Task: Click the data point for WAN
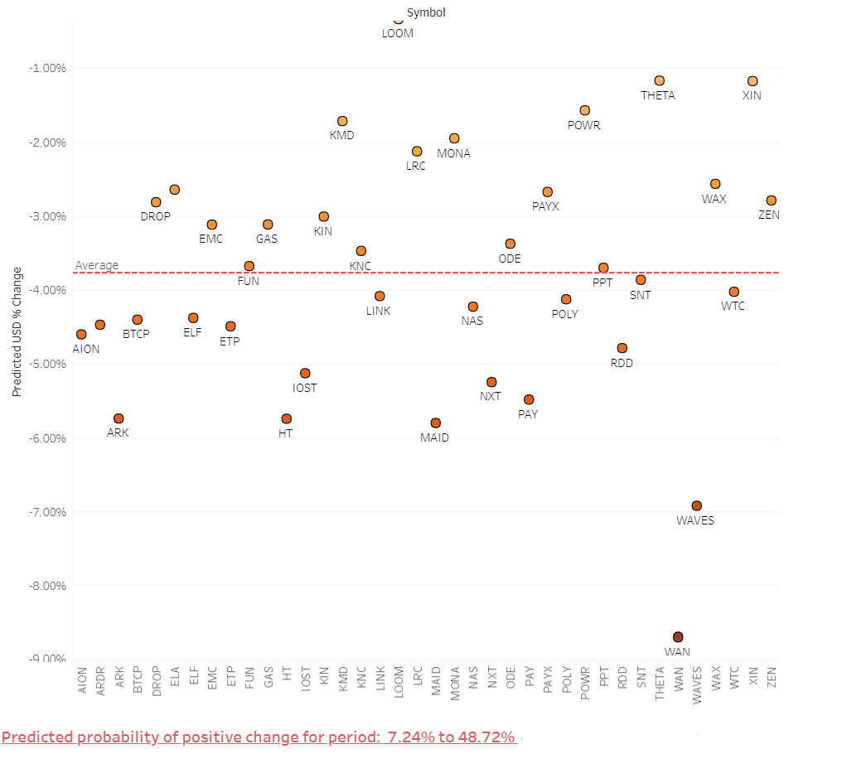678,636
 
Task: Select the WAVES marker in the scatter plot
697,505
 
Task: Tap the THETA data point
660,80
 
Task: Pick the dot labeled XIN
752,81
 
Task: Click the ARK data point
119,418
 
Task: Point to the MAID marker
435,423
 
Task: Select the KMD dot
342,121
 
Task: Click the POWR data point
585,110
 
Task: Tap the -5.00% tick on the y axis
47,364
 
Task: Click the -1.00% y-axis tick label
47,68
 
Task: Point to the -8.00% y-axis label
47,586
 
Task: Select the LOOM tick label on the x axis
399,682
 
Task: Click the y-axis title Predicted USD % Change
17,331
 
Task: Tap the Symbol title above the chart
426,12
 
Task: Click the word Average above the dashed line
97,265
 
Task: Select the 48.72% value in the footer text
488,737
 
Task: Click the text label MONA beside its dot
453,153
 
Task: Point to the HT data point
287,418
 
